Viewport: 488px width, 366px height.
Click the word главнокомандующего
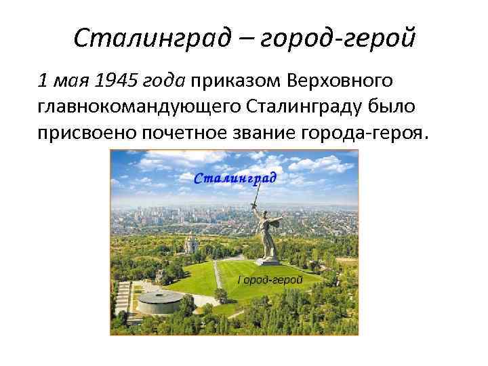pos(138,107)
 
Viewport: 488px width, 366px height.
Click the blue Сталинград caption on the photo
pos(235,178)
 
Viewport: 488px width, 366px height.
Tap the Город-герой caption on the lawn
pos(270,279)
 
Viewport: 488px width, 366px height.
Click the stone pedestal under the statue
pos(269,260)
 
